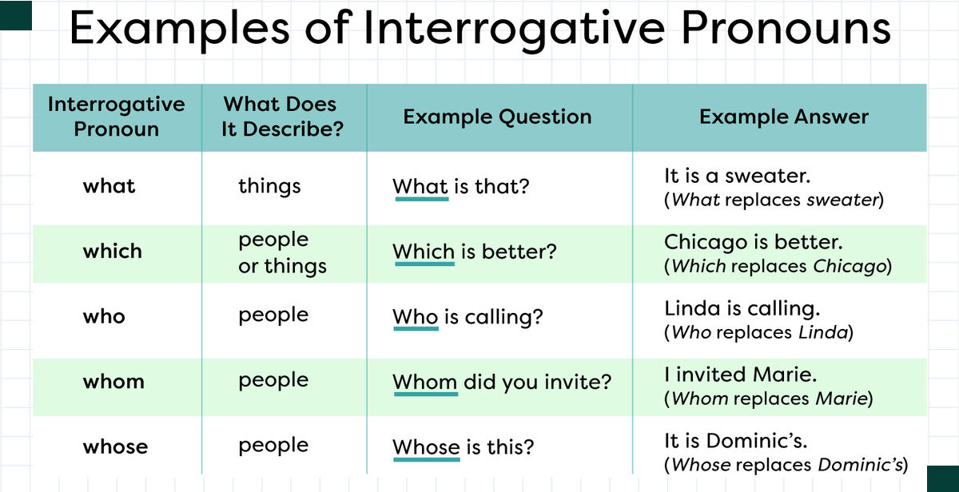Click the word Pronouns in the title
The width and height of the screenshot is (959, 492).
786,28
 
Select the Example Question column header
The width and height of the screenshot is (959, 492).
497,117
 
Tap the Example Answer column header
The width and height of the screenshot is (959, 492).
784,117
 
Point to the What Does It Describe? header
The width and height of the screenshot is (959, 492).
282,117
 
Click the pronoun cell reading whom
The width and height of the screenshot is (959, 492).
113,381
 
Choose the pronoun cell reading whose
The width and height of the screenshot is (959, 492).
115,446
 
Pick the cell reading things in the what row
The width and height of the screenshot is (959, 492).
270,186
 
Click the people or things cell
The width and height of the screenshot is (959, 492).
283,252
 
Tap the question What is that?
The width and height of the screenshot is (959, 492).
461,186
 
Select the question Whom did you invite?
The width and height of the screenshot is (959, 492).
502,381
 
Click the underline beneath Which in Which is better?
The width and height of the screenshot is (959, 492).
424,264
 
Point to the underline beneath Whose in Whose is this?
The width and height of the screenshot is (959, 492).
427,459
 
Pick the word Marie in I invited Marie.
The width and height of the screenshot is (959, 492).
784,375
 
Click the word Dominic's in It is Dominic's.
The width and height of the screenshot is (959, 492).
757,441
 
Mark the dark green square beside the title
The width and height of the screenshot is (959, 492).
16,15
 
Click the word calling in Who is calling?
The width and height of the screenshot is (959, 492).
504,317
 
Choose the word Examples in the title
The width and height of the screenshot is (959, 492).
180,29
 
